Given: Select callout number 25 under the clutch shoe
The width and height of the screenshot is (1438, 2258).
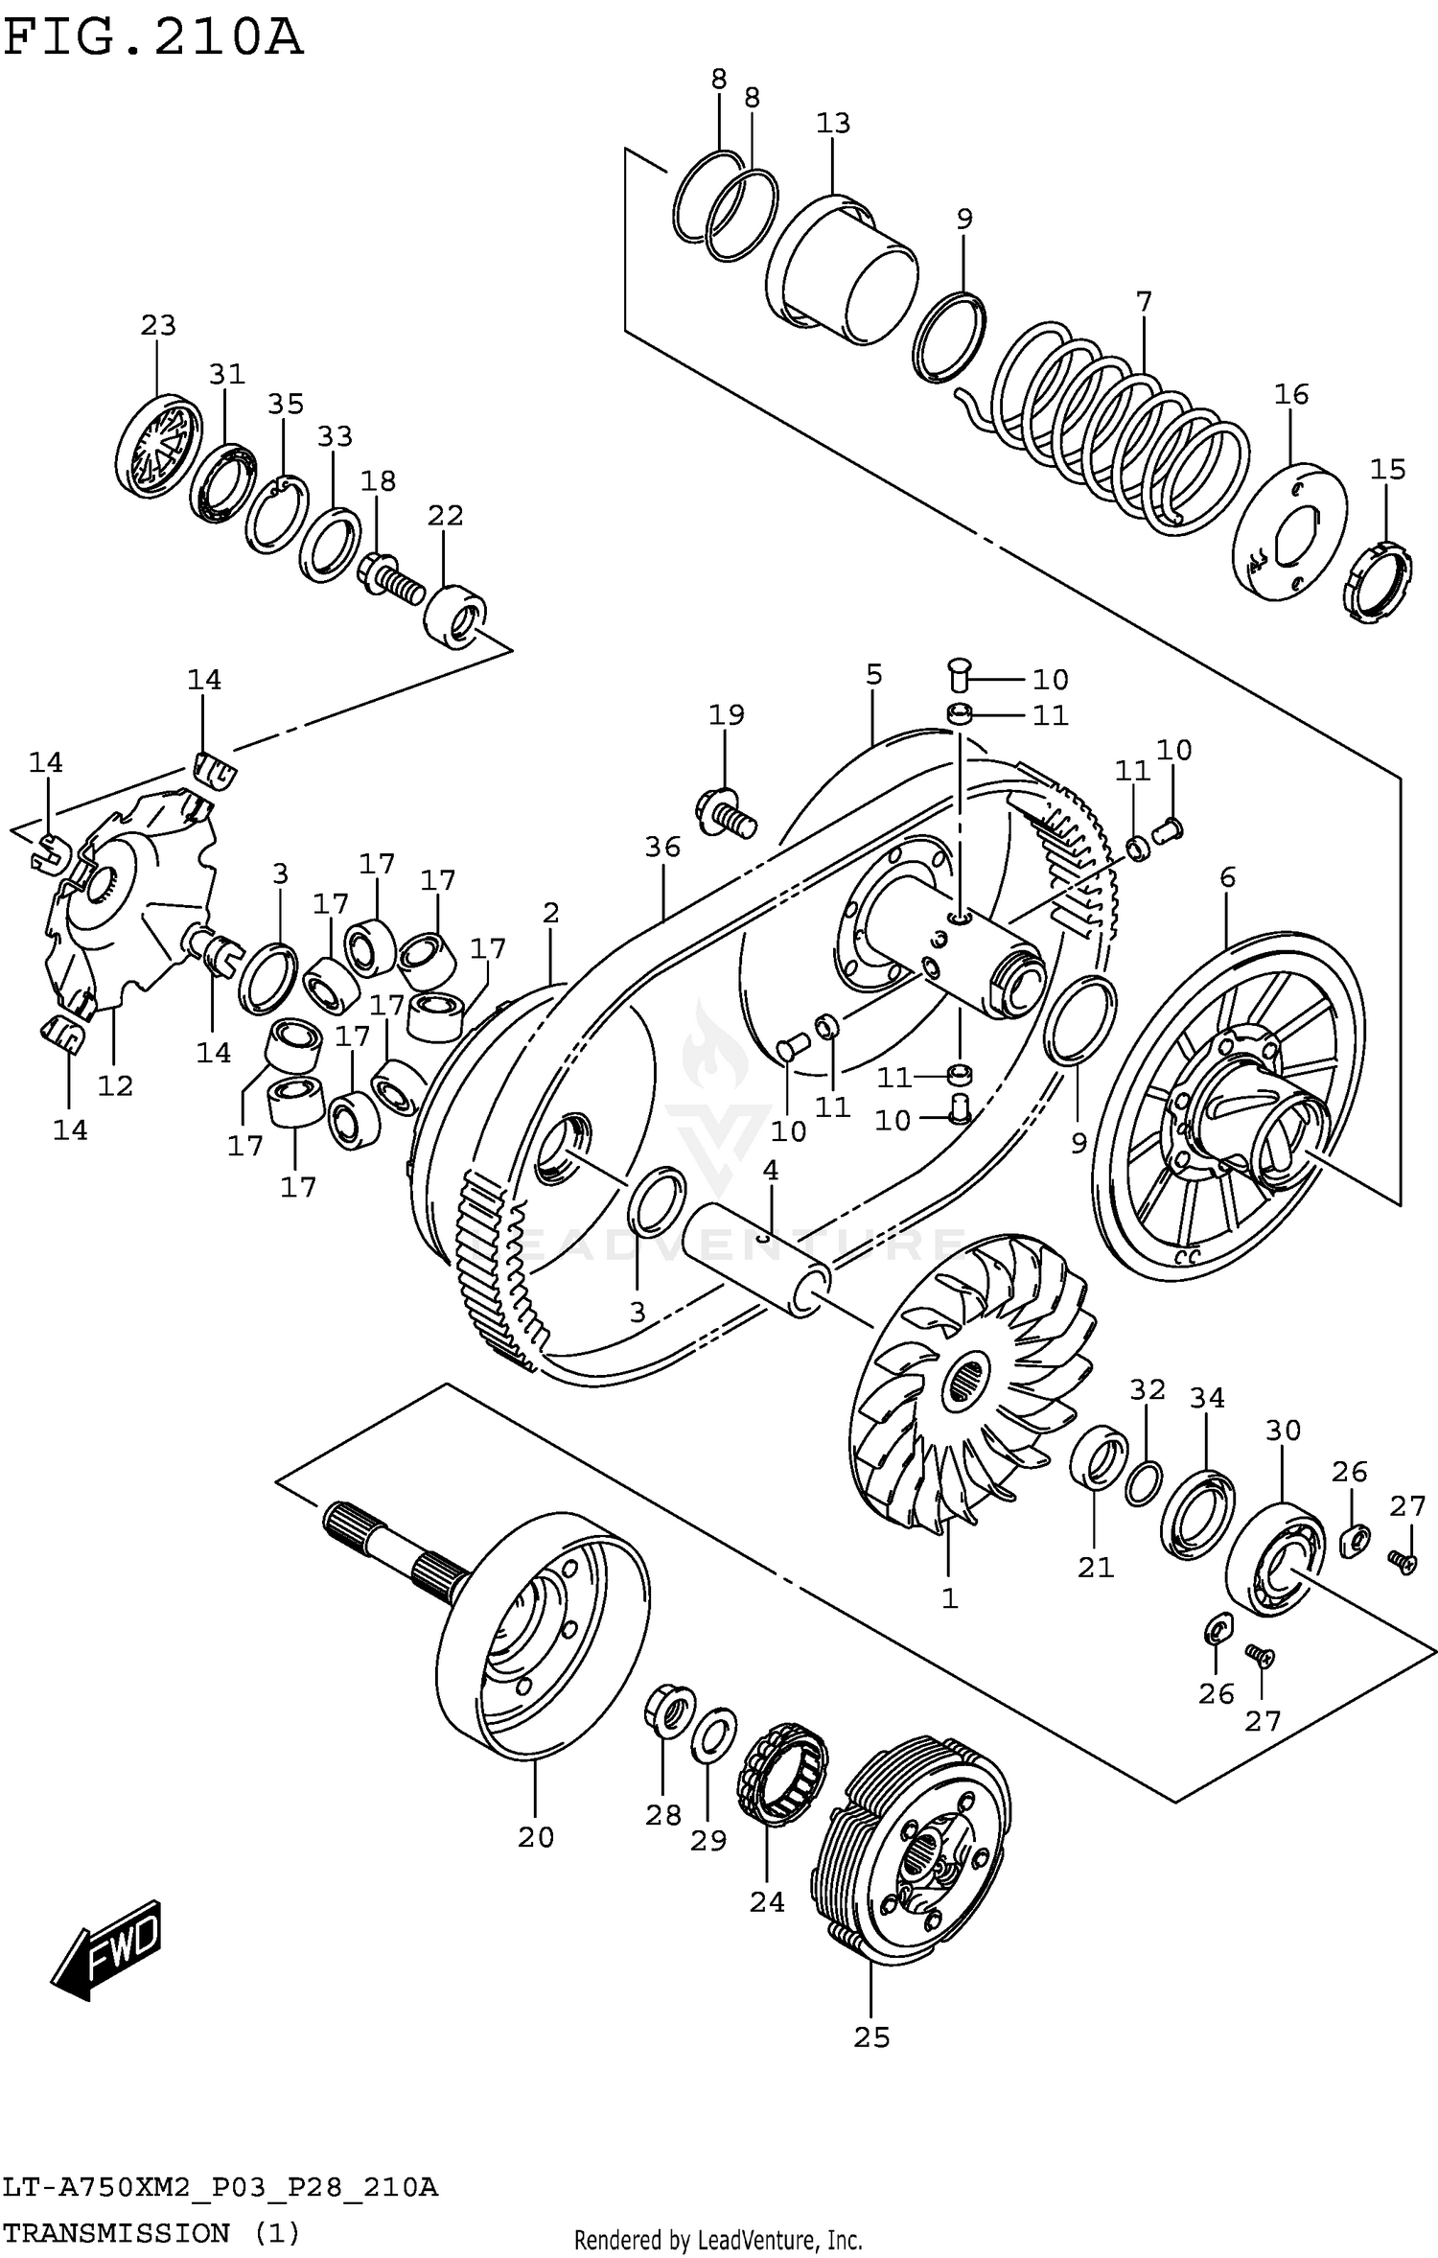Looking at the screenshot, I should pyautogui.click(x=871, y=2037).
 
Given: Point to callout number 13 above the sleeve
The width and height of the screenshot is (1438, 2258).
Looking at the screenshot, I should pyautogui.click(x=833, y=123).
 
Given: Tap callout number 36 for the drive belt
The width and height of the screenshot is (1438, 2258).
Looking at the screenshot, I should pyautogui.click(x=662, y=847).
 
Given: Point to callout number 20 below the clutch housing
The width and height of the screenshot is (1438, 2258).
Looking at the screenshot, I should pyautogui.click(x=536, y=1837).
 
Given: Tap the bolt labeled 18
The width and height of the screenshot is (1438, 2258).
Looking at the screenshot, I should pyautogui.click(x=391, y=578).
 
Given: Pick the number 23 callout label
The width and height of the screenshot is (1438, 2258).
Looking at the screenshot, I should pyautogui.click(x=158, y=325).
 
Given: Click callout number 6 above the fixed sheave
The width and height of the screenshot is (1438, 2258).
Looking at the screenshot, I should pyautogui.click(x=1228, y=876).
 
